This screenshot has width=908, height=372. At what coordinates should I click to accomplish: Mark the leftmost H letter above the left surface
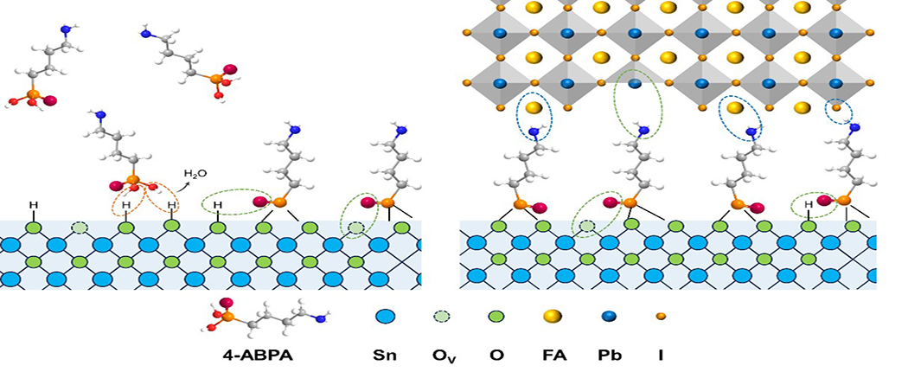pos(34,206)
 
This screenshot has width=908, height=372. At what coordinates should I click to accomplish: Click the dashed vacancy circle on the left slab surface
pos(80,228)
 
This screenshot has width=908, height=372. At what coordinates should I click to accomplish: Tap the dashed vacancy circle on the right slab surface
pos(587,228)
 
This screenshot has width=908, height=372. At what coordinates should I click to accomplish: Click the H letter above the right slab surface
pos(809,206)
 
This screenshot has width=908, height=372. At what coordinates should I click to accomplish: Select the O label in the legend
pos(497,354)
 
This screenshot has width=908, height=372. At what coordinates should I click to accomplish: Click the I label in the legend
pos(662,354)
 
